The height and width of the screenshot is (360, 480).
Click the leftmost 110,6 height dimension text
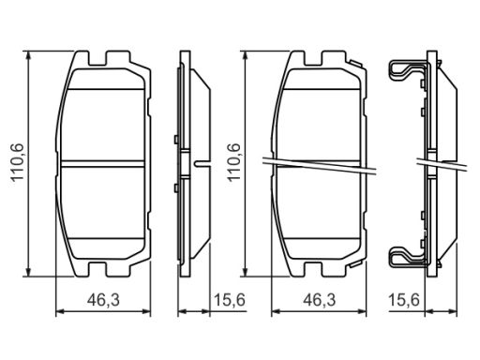coord(17,162)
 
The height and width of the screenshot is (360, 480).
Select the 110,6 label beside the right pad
coord(233,162)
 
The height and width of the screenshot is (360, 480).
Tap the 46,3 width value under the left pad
coord(103,300)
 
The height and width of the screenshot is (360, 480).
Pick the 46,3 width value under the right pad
coord(320,300)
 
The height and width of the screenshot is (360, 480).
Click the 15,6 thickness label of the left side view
coord(230,300)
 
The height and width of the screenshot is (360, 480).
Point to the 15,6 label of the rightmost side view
coord(403,300)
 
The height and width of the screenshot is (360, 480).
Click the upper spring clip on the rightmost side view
coord(408,71)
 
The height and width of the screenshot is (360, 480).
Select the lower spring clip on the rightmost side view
coord(408,257)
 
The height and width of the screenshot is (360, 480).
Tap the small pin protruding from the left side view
coord(202,163)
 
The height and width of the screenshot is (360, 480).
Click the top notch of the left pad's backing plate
coord(97,58)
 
